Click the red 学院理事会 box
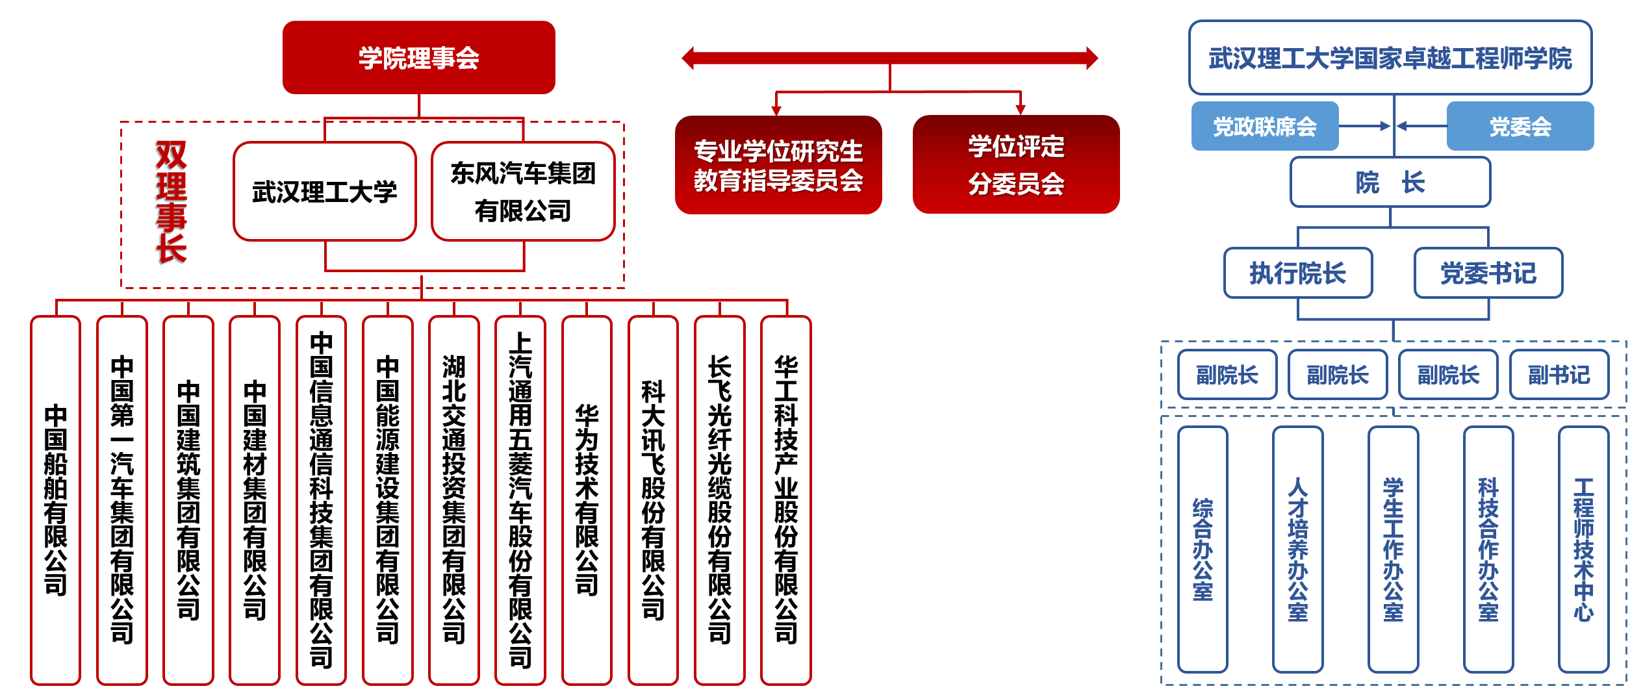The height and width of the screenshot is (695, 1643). [418, 57]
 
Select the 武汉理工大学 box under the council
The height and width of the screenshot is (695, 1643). [325, 191]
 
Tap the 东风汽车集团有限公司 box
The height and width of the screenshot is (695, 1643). [523, 191]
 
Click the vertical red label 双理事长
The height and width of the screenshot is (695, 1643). [171, 202]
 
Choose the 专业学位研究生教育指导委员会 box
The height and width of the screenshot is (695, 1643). [778, 165]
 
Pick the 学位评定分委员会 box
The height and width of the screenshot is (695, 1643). [1016, 164]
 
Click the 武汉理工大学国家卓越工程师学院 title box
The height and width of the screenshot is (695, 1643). [1390, 58]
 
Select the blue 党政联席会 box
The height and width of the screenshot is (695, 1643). [1265, 126]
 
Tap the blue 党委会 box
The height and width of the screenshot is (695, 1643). [1520, 126]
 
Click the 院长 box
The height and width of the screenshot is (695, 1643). [1390, 182]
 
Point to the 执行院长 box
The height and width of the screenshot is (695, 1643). [1298, 273]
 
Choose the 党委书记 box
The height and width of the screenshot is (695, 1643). [1488, 273]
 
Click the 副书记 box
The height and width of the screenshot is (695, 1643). [1559, 374]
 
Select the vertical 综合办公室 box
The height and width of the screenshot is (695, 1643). [1203, 550]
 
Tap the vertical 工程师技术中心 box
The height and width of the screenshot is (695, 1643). [1584, 550]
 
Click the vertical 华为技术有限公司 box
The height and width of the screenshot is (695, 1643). [587, 500]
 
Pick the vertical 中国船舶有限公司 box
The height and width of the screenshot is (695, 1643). [56, 500]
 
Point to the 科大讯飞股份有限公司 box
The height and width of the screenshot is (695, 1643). [653, 500]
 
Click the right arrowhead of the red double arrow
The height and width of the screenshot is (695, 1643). [1092, 58]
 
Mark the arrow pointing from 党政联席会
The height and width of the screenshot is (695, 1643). [1365, 126]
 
